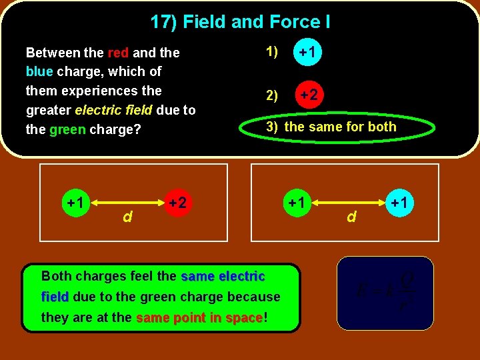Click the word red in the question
119,52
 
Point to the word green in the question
67,129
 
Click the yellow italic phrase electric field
114,110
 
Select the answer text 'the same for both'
340,127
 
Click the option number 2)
272,95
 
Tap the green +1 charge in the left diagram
74,201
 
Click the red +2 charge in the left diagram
177,201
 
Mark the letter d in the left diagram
126,216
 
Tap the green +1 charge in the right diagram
296,201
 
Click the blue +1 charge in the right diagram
399,201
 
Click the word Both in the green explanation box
57,276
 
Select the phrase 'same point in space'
199,318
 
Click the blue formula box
385,293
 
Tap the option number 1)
272,51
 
